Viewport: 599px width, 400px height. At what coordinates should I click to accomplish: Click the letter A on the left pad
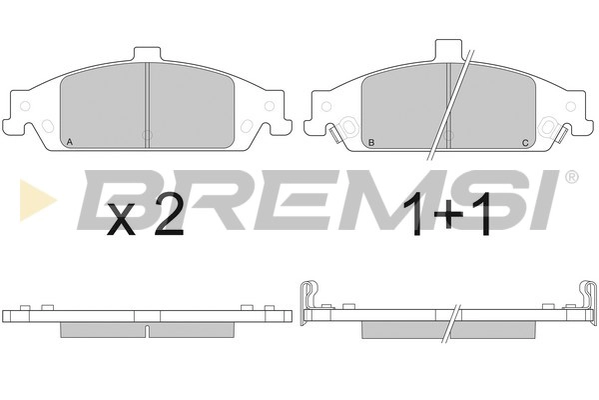[69, 142]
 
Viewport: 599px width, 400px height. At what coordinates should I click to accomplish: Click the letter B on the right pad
[371, 143]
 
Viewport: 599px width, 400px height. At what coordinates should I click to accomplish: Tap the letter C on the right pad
[525, 143]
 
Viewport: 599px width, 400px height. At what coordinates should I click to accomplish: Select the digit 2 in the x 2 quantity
[168, 214]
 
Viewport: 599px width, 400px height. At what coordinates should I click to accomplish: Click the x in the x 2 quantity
[121, 219]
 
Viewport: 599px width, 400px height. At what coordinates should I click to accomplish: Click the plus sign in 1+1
[447, 216]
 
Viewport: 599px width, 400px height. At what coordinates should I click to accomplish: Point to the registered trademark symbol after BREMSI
[571, 176]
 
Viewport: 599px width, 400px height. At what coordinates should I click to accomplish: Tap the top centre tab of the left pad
[147, 54]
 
